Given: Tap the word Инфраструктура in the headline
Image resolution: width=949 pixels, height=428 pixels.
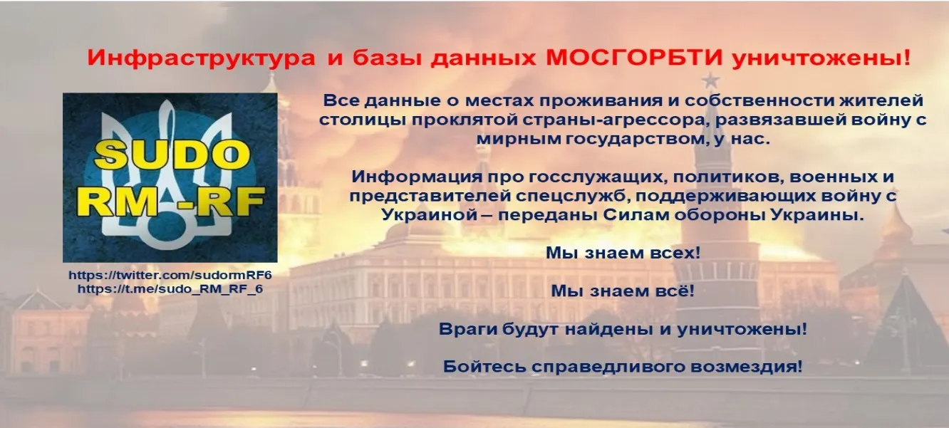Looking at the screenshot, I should click(x=202, y=59).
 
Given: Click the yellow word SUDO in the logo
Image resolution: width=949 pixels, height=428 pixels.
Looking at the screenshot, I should click(x=170, y=155).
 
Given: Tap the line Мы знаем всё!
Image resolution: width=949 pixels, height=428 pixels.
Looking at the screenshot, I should click(x=623, y=291).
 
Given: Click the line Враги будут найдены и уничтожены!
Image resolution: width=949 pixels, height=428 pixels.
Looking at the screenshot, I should click(x=623, y=330).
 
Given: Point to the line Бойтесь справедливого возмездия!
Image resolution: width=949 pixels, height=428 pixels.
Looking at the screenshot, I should click(x=623, y=367).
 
